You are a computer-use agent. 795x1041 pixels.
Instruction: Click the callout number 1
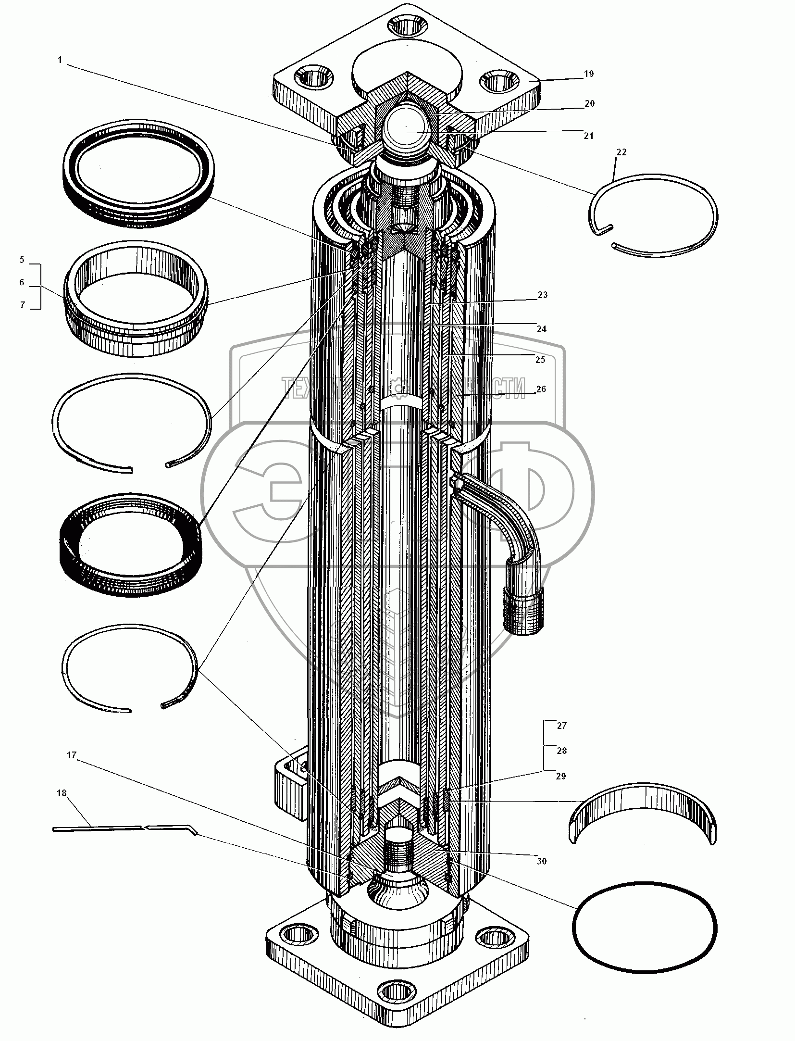tap(60, 60)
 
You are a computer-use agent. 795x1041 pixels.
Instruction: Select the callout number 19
tap(589, 74)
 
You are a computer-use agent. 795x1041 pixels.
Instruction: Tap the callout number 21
tap(589, 136)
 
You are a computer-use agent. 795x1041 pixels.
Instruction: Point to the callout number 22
tap(621, 152)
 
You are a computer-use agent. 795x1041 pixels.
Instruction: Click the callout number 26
tap(541, 389)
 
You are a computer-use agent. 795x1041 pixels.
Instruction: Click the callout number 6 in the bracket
tap(22, 282)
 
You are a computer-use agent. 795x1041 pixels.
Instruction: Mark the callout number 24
tap(542, 329)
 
